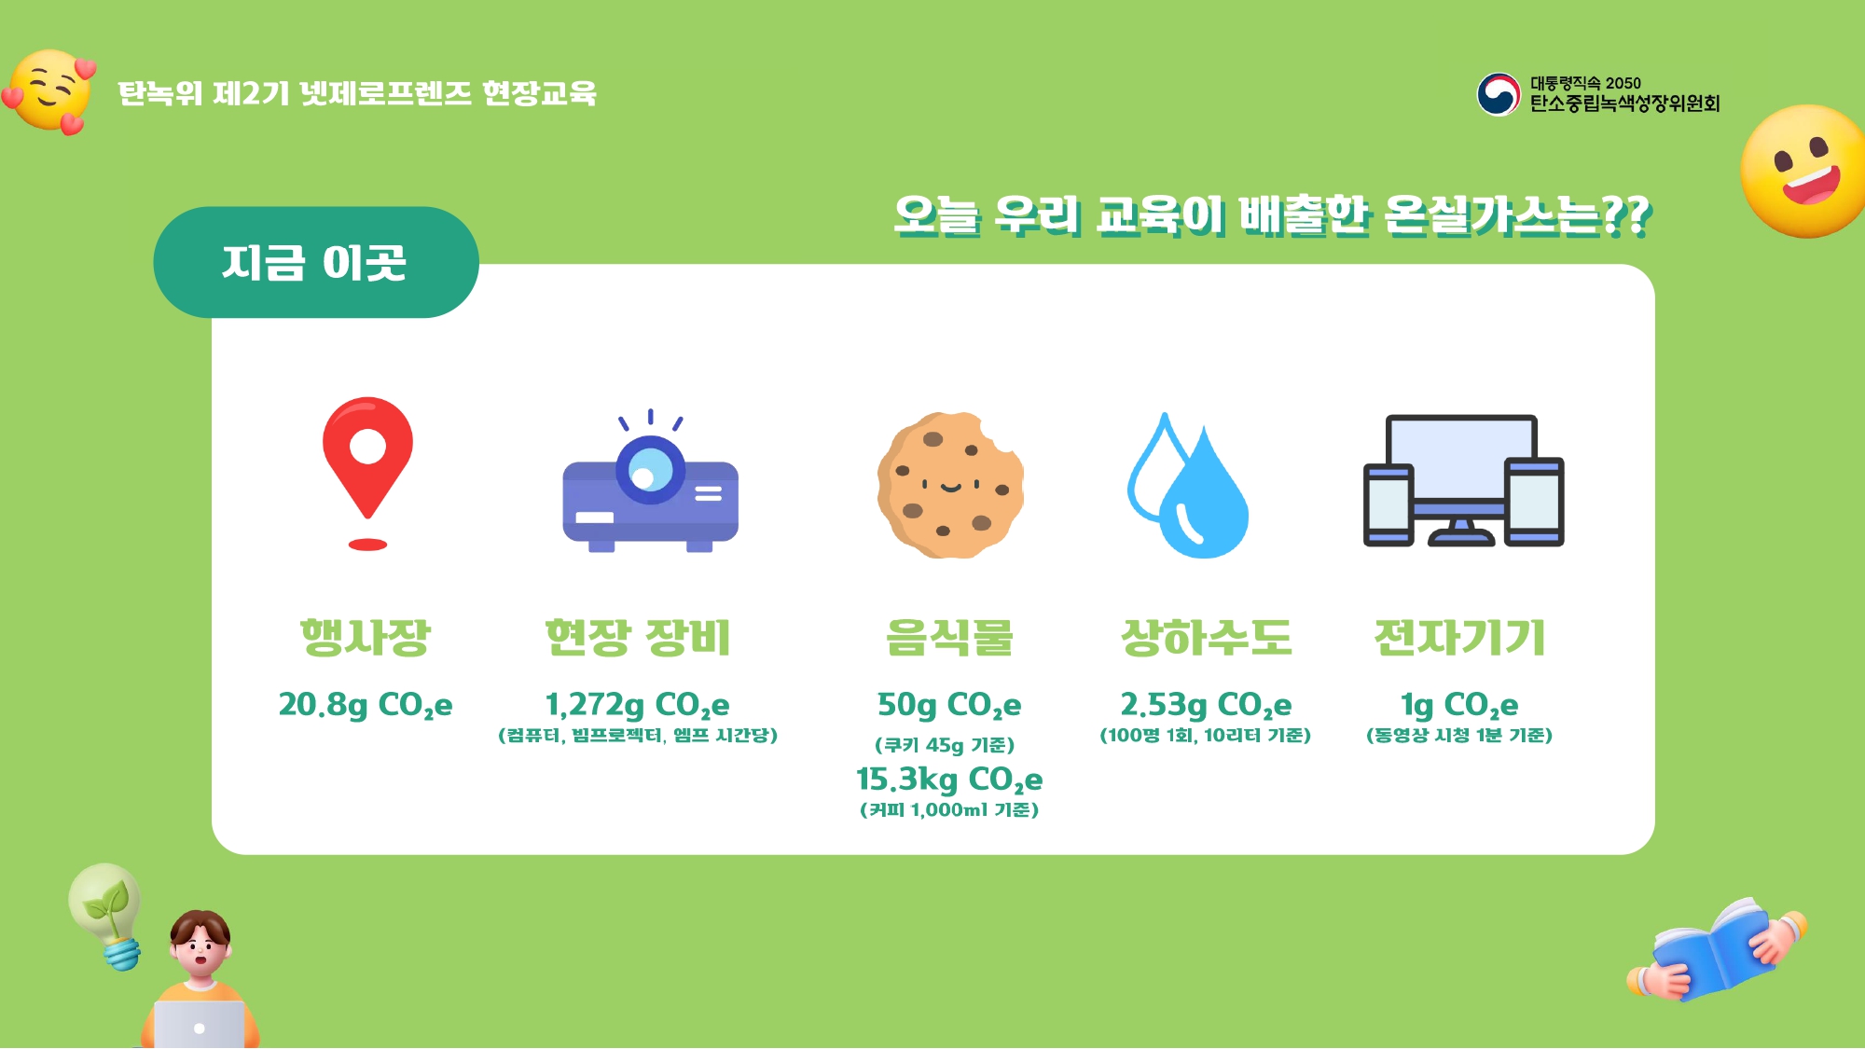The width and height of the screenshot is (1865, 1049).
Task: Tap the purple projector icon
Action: point(650,485)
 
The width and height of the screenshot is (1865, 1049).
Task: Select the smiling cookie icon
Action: point(950,485)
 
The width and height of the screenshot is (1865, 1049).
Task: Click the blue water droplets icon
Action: point(1187,485)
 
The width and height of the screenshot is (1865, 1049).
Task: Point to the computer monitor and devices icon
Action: point(1463,481)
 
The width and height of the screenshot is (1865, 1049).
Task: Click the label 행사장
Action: point(365,638)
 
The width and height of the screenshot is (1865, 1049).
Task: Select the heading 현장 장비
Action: point(638,638)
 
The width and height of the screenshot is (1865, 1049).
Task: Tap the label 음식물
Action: point(949,638)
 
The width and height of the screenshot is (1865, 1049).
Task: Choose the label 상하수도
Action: point(1206,638)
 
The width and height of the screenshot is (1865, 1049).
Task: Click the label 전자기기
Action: point(1459,638)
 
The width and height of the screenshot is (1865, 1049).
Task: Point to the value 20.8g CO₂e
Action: point(366,705)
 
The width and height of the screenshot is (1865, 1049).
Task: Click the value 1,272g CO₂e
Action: point(638,705)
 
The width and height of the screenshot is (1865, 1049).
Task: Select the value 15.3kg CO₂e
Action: point(949,780)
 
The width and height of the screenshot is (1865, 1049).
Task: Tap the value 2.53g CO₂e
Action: point(1206,705)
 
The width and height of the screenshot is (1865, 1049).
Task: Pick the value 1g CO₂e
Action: point(1459,705)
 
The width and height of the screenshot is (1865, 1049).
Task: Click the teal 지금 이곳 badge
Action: point(316,262)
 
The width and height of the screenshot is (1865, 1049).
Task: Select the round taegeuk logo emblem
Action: point(1499,94)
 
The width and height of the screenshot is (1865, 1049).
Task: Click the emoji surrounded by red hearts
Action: point(51,91)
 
